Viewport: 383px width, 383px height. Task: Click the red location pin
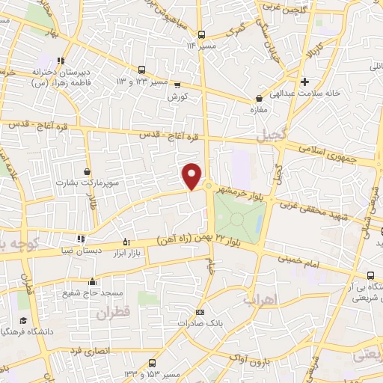point(192,176)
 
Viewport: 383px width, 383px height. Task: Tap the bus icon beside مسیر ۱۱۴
point(201,34)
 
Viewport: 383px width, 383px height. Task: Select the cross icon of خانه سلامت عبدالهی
point(304,82)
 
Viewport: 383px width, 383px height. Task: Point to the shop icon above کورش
point(177,85)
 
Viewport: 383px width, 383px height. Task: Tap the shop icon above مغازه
point(259,98)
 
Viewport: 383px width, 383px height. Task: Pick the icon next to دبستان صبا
point(81,239)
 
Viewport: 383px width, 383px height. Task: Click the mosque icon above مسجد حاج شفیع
point(92,282)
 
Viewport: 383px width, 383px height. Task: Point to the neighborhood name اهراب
point(259,299)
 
